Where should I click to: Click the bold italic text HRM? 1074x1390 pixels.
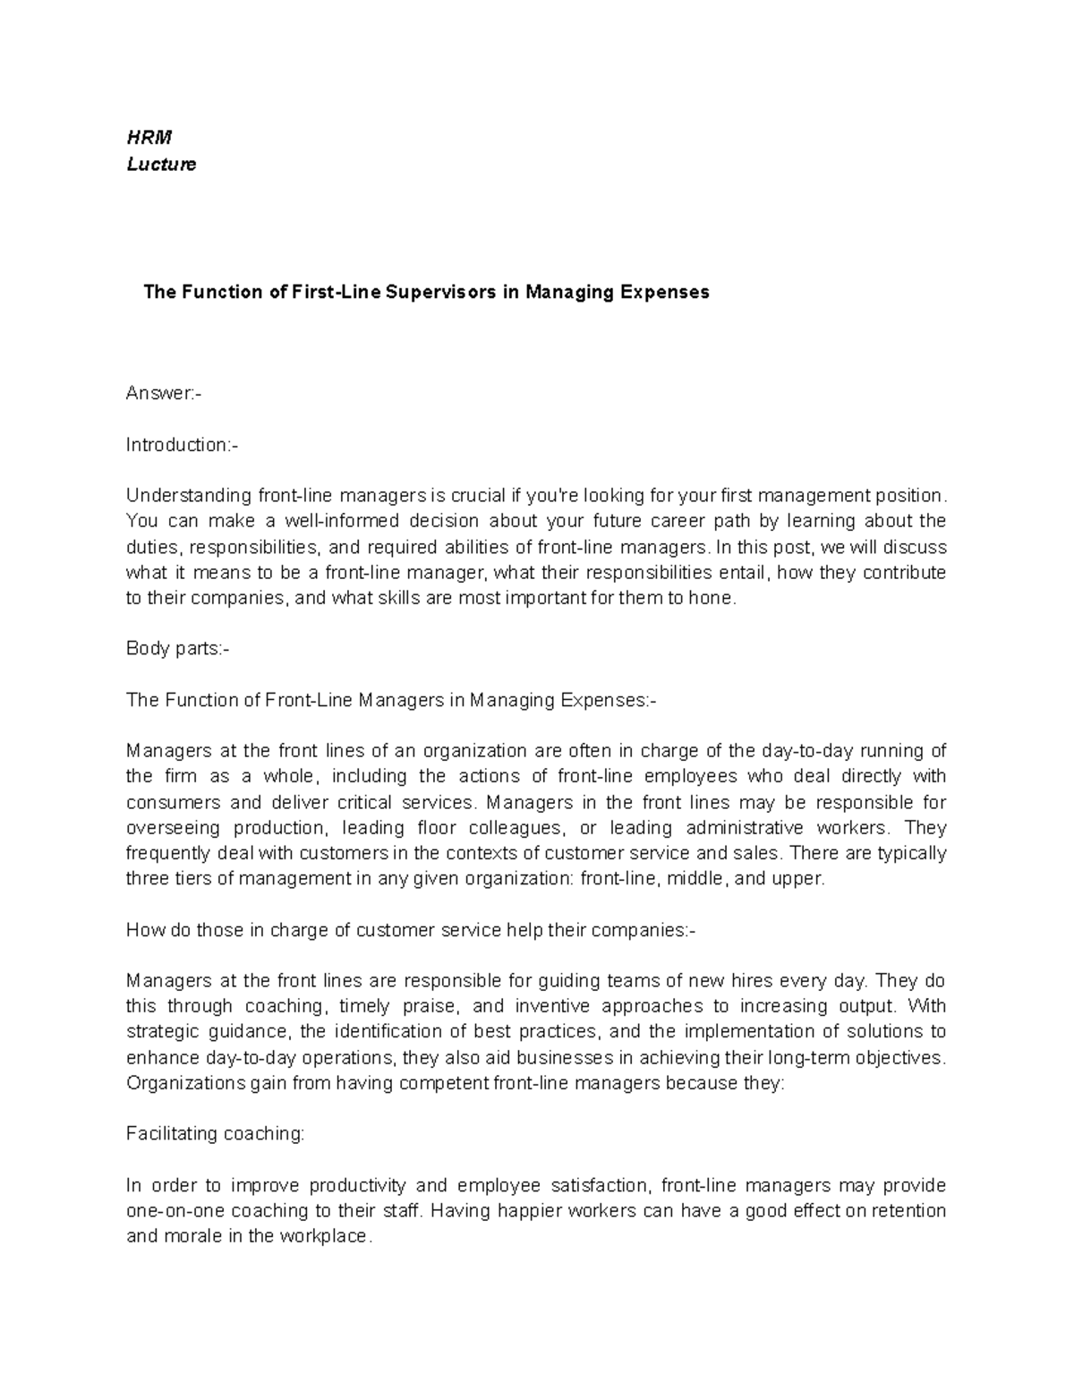point(149,138)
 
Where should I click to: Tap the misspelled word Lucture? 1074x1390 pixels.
point(161,165)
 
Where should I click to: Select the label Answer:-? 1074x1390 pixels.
point(164,394)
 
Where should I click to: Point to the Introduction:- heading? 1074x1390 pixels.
point(183,445)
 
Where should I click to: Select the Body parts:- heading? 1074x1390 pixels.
point(178,649)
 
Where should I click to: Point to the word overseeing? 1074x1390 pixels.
point(172,827)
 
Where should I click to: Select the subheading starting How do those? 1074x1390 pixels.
point(410,930)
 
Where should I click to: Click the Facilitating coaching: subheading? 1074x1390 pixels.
point(215,1134)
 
